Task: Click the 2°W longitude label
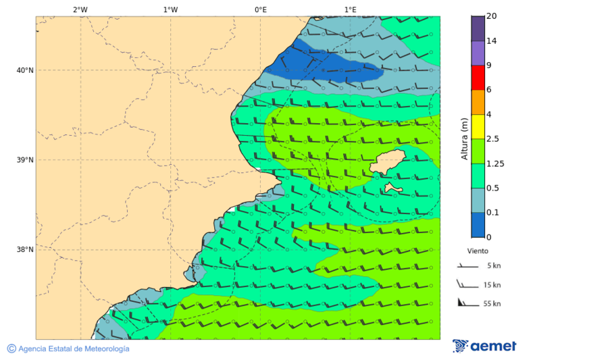[80, 9]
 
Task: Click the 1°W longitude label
[170, 9]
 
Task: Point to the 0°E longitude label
[260, 9]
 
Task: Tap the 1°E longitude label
[350, 9]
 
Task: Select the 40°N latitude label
[25, 70]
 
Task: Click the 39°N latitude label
[25, 160]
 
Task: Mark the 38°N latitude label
[25, 250]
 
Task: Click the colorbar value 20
[491, 16]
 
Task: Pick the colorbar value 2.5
[493, 139]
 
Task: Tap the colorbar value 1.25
[496, 163]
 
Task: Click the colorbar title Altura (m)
[464, 138]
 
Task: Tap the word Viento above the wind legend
[478, 251]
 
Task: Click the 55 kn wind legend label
[492, 304]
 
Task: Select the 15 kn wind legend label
[492, 285]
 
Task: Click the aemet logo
[484, 346]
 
